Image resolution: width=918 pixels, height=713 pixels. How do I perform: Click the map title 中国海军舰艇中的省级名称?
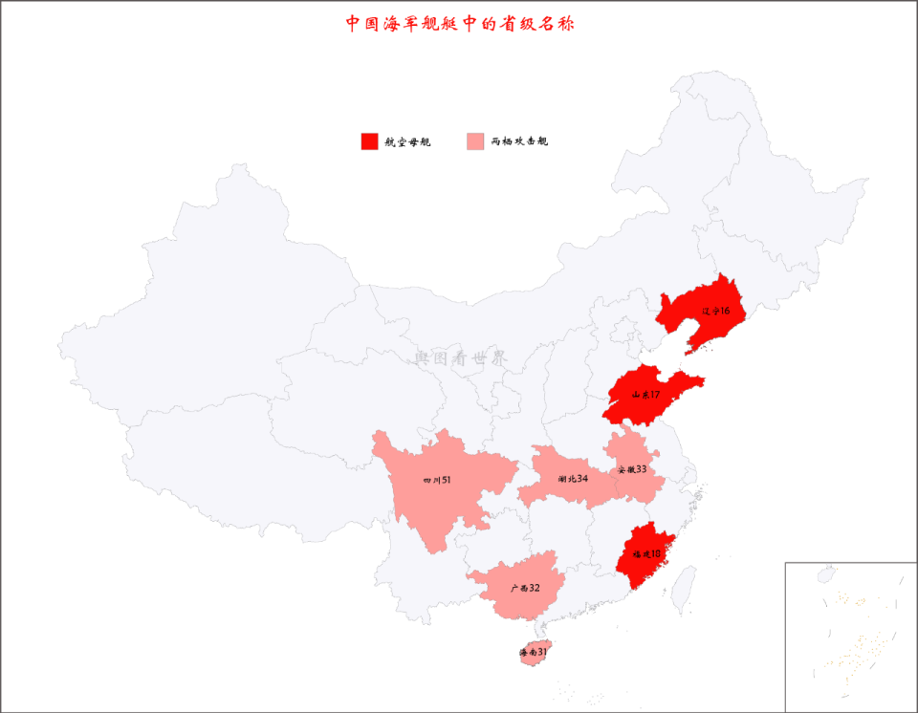(460, 23)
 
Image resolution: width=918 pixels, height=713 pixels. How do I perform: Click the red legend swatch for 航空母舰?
(370, 141)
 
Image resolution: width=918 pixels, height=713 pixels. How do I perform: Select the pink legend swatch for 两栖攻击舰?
(475, 141)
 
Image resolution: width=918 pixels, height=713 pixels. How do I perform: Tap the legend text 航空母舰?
(408, 142)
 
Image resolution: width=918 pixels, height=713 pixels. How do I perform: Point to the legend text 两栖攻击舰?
(519, 142)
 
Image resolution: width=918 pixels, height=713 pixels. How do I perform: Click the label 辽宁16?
(715, 312)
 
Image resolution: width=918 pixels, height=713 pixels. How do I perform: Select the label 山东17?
(645, 394)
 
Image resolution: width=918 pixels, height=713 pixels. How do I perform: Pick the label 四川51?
(436, 480)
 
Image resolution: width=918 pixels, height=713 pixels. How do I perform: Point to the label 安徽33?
(632, 469)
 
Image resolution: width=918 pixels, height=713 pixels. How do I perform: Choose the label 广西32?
(525, 589)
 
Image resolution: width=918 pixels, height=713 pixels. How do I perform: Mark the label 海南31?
(534, 653)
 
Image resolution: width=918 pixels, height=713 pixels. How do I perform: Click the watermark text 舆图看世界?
(461, 358)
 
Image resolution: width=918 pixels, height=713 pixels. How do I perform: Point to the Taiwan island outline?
(685, 586)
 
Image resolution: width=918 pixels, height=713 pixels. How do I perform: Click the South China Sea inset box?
(850, 636)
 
